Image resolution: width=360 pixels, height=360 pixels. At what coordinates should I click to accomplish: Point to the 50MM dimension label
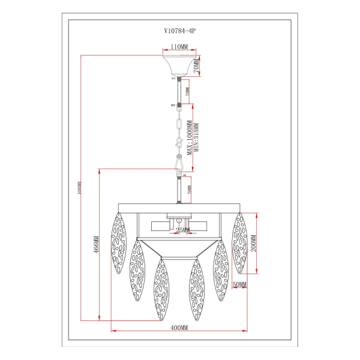pyautogui.click(x=238, y=284)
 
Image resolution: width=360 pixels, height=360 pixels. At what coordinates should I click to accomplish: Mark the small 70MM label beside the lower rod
pyautogui.click(x=188, y=190)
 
